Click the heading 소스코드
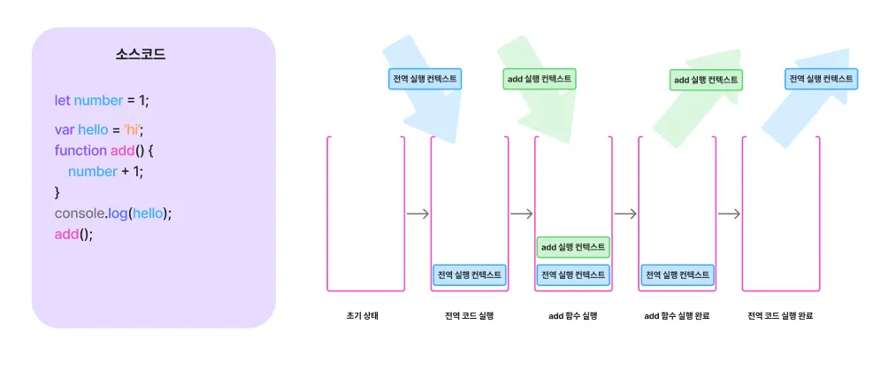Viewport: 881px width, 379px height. pyautogui.click(x=141, y=54)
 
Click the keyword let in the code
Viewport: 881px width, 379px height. pyautogui.click(x=62, y=101)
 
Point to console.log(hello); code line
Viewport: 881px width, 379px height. pyautogui.click(x=112, y=213)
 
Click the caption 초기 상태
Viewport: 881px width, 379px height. pyautogui.click(x=364, y=316)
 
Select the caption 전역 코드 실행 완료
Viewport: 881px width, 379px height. pyautogui.click(x=780, y=316)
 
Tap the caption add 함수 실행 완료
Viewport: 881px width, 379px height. pyautogui.click(x=677, y=316)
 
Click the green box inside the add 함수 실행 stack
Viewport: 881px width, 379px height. pyautogui.click(x=573, y=247)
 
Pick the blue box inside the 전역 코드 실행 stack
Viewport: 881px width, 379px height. pyautogui.click(x=470, y=275)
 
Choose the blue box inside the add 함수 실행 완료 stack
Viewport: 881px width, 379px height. pyautogui.click(x=678, y=275)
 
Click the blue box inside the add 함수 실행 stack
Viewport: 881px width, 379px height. pyautogui.click(x=573, y=275)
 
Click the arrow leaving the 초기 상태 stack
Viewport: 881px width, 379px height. pyautogui.click(x=418, y=213)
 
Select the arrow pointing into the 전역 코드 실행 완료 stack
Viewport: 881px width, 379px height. pyautogui.click(x=729, y=213)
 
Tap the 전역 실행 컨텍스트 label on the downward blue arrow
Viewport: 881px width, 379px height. pyautogui.click(x=425, y=79)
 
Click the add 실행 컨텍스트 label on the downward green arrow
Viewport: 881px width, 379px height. pyautogui.click(x=540, y=79)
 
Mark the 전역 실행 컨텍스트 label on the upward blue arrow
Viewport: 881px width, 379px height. pyautogui.click(x=821, y=79)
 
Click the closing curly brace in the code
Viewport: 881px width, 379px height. pyautogui.click(x=57, y=192)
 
